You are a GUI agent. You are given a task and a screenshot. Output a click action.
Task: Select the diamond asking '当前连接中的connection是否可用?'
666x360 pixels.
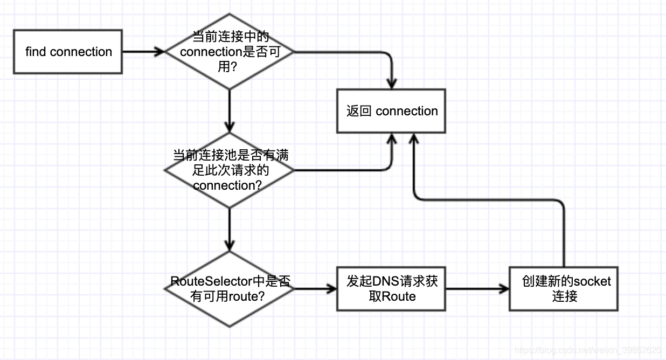[x=230, y=52]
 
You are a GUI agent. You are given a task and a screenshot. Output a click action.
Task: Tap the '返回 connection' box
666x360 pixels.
[x=391, y=111]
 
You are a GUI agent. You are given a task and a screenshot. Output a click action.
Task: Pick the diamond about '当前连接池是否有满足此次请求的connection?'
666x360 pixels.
[x=230, y=170]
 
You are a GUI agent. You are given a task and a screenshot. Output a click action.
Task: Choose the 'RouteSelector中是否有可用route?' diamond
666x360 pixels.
[x=230, y=288]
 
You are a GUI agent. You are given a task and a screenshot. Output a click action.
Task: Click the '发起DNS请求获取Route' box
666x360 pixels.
[x=391, y=289]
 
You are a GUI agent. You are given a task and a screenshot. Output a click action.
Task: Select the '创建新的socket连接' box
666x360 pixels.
[x=564, y=289]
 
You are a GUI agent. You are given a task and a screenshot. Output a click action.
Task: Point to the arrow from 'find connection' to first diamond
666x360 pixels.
[x=143, y=52]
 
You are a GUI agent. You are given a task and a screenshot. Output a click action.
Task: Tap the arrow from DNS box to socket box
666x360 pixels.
[x=477, y=289]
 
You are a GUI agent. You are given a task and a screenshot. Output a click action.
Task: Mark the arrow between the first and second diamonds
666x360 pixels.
[x=230, y=111]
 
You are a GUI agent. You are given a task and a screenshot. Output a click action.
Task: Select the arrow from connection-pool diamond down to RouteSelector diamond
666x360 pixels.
[x=230, y=230]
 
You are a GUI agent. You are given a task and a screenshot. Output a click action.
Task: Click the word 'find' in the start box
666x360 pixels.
[x=36, y=52]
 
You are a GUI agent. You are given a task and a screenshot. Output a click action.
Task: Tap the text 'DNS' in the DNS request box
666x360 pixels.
[x=384, y=281]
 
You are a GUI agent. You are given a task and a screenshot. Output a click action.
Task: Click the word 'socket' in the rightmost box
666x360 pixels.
[x=592, y=281]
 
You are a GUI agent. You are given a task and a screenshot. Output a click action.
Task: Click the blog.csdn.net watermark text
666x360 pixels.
[x=588, y=350]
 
